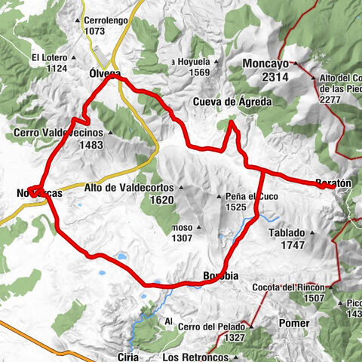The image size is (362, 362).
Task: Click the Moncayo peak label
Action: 268,64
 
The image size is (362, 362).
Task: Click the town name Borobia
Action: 221,276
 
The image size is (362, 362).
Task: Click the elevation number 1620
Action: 161,200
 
